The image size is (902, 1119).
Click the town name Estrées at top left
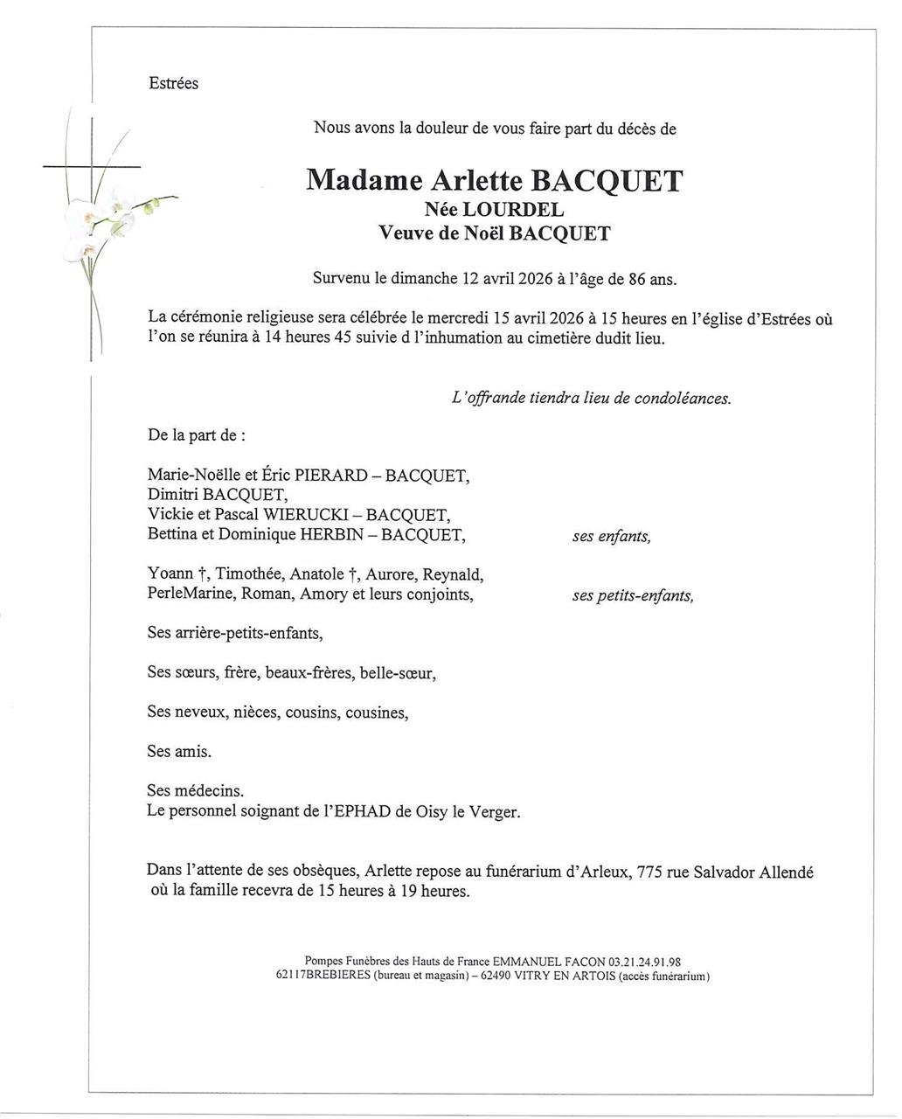pos(174,84)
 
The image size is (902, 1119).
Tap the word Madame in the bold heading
pos(364,181)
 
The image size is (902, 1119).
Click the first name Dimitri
pos(173,496)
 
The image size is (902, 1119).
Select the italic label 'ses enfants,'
pos(612,537)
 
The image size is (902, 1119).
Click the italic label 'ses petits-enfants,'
pos(633,596)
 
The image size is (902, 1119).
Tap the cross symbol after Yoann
pos(203,574)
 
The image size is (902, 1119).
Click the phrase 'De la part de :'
pos(197,434)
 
